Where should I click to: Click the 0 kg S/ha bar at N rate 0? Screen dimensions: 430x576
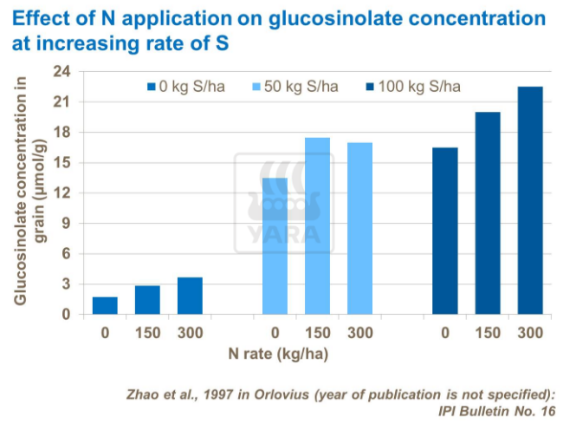[105, 305]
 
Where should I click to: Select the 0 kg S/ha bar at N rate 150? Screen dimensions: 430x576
[147, 300]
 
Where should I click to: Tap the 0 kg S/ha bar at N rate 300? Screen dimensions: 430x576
[190, 296]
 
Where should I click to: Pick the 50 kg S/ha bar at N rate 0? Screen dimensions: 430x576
[275, 246]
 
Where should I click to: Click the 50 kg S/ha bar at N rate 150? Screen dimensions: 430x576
[317, 226]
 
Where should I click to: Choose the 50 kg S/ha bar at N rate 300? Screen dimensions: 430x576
[359, 229]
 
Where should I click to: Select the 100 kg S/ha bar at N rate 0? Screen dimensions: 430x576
[445, 231]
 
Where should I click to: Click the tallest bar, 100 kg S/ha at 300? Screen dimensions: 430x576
[530, 200]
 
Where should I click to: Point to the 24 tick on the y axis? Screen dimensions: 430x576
[62, 72]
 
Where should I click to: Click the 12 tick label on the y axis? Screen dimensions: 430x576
[62, 193]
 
